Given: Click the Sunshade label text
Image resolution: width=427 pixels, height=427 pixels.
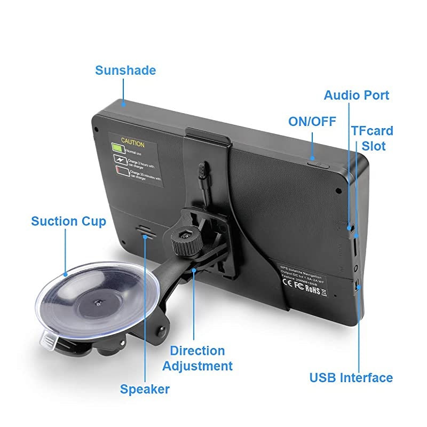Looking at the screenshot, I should point(125,70).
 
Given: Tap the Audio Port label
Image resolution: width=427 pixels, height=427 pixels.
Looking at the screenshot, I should point(357,96).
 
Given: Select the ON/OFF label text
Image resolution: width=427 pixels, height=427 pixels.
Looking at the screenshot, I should point(312,122).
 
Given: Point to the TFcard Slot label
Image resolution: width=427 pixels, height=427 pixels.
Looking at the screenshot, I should point(372,138).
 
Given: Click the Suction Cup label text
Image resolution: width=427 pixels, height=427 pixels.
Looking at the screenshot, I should point(69,221).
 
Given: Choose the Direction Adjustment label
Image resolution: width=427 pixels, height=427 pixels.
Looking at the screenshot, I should point(197,358).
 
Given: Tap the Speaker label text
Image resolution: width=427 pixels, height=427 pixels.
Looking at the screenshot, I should point(145,389).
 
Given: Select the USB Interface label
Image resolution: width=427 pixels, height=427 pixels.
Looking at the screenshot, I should point(351,378).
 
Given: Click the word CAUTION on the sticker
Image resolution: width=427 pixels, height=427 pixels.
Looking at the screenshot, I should point(132,143).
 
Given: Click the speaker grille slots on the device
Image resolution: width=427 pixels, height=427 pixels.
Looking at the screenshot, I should point(145,230).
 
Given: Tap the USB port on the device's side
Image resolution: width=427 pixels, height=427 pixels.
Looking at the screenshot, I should point(357,287).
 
